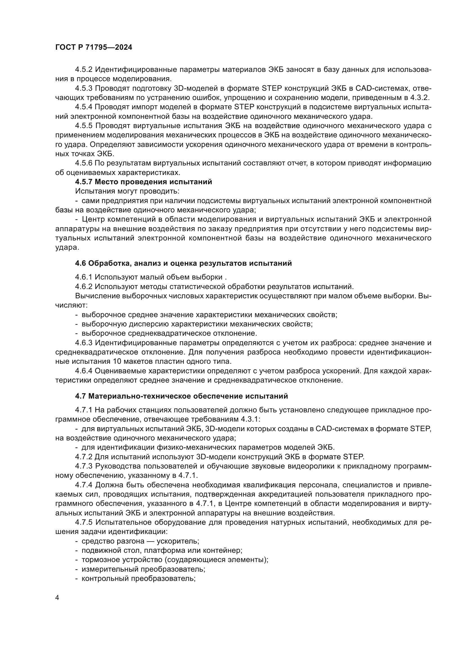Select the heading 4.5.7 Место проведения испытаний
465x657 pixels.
(143, 182)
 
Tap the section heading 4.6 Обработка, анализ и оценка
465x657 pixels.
(183, 263)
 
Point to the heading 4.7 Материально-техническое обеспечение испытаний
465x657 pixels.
(181, 396)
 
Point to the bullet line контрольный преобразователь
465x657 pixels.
(139, 579)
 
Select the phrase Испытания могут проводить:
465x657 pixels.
(127, 191)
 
